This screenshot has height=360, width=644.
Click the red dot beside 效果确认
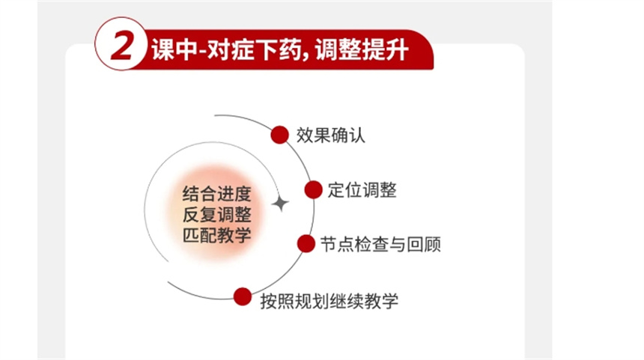280,135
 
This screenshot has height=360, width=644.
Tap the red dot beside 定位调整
313,189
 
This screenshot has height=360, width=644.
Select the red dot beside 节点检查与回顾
306,243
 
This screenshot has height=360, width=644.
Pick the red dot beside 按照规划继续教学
243,296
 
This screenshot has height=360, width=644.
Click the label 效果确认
331,135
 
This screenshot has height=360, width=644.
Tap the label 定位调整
362,190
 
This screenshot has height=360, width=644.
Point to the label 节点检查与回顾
380,244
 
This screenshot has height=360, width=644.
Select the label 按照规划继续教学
329,301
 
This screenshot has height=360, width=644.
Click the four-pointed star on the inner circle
281,203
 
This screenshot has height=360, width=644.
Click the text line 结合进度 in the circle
216,194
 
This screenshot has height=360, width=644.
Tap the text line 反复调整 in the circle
216,215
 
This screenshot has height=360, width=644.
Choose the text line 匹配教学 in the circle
216,236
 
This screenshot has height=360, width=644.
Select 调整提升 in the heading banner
362,50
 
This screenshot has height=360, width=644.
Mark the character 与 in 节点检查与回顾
398,244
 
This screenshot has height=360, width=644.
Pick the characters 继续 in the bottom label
346,301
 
